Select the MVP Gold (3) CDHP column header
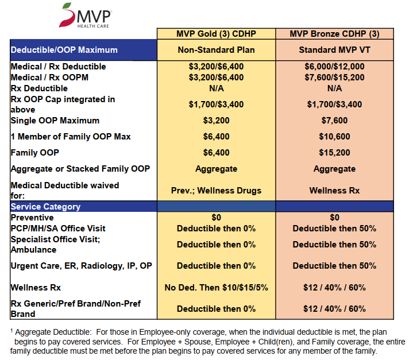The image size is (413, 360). tap(216, 34)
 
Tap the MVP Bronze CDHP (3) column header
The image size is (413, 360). tap(334, 34)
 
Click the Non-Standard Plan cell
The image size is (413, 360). tap(216, 50)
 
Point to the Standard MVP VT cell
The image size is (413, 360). tap(334, 50)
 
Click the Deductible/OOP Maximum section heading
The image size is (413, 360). tap(64, 50)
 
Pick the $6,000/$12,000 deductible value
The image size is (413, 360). tap(334, 67)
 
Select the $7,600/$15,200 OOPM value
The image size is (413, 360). tap(334, 78)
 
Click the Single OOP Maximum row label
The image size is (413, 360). tap(55, 121)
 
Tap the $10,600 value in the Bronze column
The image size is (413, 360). tap(334, 137)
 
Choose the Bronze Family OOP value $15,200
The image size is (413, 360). tap(334, 153)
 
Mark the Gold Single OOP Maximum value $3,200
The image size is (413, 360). tap(216, 121)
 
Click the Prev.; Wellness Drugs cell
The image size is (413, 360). tap(216, 191)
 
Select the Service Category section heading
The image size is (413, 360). tap(46, 207)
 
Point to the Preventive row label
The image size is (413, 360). tap(32, 218)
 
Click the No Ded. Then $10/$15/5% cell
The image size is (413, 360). tap(216, 287)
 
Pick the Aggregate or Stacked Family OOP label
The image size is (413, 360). tap(80, 169)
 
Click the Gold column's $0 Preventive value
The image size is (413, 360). tap(216, 218)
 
